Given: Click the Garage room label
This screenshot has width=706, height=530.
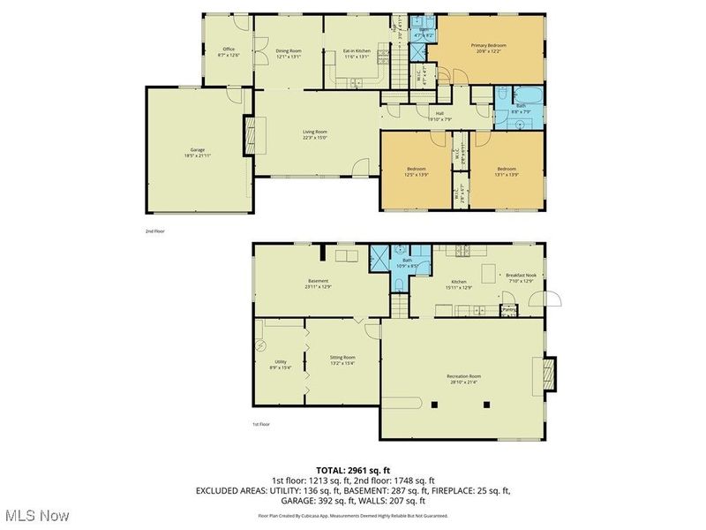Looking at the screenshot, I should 198,149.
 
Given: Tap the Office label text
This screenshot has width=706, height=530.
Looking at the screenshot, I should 229,49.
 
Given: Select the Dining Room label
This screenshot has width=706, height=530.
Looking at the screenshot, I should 289,50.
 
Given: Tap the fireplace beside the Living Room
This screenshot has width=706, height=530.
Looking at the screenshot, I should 250,135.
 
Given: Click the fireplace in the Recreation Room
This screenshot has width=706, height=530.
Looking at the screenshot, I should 550,374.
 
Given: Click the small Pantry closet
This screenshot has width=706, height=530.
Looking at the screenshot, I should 508,309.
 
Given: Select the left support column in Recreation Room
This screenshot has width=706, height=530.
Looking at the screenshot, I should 435,405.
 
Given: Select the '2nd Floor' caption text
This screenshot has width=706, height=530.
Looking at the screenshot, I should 156,231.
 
